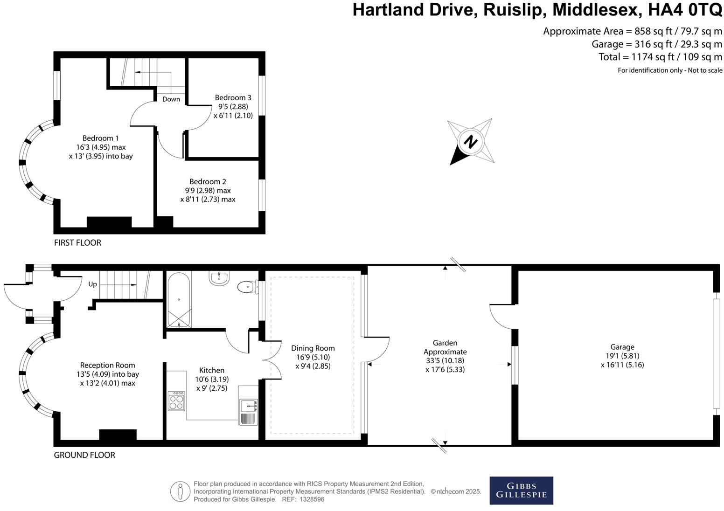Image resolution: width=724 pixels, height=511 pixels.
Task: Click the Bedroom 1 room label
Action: coord(100,138)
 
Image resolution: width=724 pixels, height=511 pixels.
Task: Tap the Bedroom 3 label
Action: coord(233,97)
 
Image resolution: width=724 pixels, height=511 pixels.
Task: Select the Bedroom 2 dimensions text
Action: coord(208,195)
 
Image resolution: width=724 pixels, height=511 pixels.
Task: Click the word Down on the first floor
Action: coord(171,99)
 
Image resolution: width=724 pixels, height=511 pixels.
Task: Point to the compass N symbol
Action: coord(471,141)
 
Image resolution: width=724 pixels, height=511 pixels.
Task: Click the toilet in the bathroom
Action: coord(247,286)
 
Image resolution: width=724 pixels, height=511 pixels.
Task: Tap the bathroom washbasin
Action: coord(219,278)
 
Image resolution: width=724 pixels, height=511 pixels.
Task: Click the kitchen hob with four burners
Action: coord(176,401)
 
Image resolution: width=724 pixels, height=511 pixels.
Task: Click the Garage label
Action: coord(622,347)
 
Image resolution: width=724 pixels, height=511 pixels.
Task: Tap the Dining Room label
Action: coord(313,348)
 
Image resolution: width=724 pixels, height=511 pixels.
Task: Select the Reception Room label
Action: coord(107,365)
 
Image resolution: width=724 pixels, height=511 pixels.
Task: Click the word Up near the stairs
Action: coord(92,284)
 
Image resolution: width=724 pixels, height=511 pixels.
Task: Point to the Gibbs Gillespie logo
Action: coord(521,490)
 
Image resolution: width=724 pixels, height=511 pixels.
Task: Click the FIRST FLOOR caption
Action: coord(77,242)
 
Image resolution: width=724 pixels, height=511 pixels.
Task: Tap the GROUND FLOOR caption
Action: coord(84,455)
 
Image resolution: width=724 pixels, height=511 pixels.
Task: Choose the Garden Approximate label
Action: coord(445,347)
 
